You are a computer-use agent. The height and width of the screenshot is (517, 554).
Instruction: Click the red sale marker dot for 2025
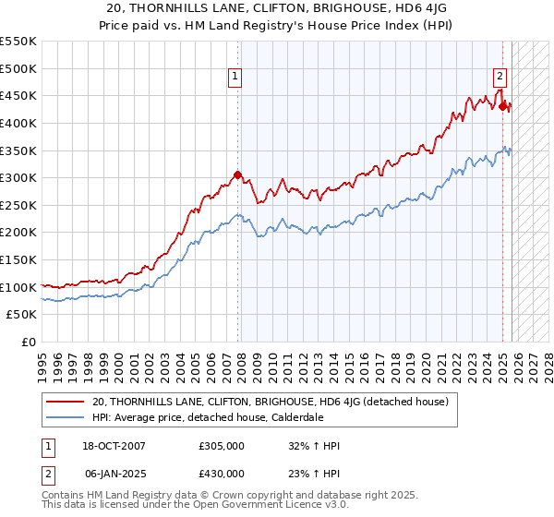tap(503, 106)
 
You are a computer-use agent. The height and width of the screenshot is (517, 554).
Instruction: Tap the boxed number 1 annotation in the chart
tap(235, 78)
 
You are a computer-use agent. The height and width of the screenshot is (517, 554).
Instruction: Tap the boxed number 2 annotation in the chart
tap(500, 78)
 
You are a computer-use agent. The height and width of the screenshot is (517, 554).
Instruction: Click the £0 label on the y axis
tap(28, 343)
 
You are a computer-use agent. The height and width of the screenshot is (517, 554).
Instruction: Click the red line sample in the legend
tap(65, 402)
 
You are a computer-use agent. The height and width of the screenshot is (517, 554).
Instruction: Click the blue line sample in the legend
tap(65, 417)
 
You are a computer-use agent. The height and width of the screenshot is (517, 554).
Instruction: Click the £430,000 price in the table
tap(221, 473)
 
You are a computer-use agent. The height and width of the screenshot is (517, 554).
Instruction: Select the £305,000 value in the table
tap(221, 446)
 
